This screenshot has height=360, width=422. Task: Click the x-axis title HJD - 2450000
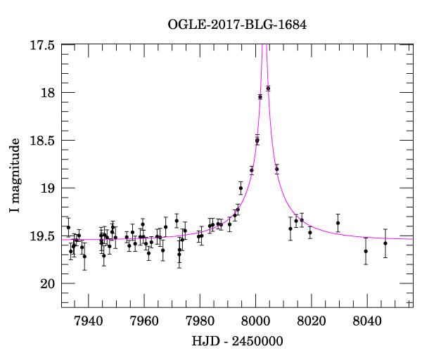point(237,342)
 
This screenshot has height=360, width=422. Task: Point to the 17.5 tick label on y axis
point(41,45)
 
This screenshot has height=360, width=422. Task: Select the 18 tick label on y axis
point(48,93)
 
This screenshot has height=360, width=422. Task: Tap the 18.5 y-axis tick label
point(41,141)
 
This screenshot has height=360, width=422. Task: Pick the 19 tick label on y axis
point(48,188)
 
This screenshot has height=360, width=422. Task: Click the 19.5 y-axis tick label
point(41,236)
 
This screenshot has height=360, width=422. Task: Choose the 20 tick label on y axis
point(48,283)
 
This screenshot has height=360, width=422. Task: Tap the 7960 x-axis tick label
point(144,321)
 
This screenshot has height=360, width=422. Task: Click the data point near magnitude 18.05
point(260,97)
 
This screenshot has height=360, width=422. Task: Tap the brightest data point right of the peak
point(268,88)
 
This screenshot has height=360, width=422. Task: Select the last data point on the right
point(385,243)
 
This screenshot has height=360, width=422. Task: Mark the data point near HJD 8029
point(338,223)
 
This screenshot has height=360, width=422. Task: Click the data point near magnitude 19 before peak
point(241,188)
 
